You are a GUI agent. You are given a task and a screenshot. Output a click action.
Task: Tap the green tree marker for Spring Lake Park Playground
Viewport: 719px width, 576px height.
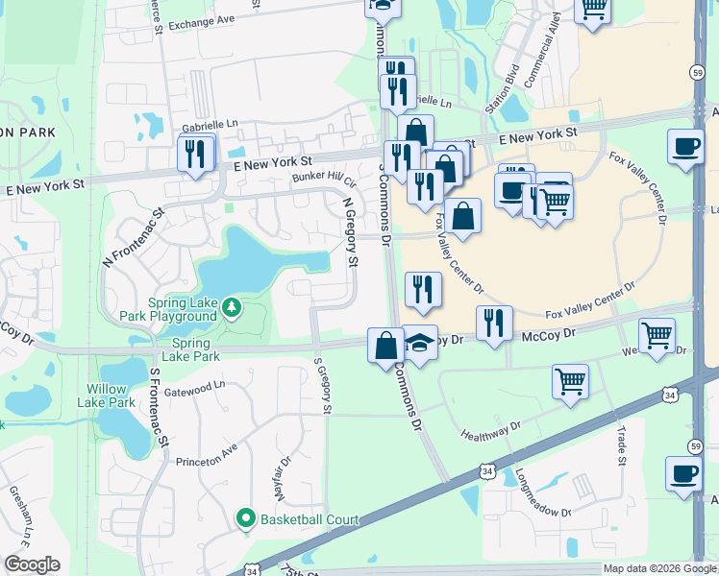[231, 307]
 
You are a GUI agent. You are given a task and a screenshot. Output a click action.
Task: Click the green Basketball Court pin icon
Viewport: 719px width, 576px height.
[246, 520]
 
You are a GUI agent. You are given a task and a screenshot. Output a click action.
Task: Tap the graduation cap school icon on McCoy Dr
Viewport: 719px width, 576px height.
[419, 343]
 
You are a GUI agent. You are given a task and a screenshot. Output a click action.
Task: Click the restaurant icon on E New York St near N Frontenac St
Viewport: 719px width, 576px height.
[196, 153]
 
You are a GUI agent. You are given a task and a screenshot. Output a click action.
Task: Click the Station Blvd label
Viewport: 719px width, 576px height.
[502, 90]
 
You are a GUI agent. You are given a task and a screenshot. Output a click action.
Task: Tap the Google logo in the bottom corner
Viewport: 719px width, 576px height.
[32, 564]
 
